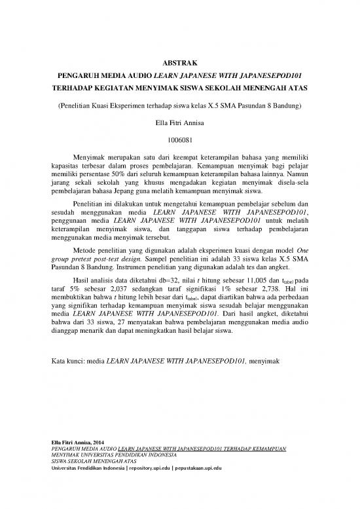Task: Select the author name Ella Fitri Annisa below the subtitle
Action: (x=179, y=122)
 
